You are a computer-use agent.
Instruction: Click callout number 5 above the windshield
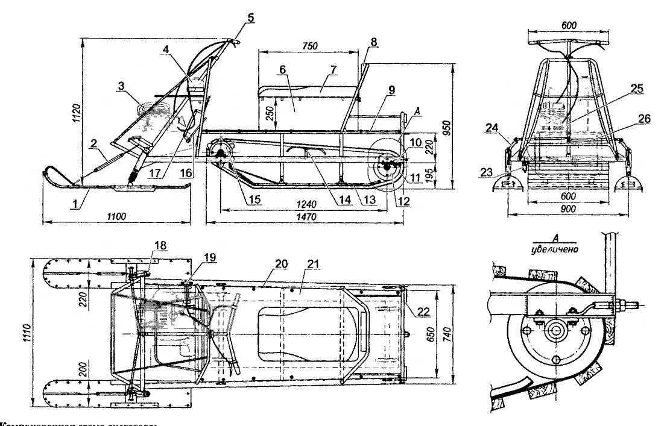point(251,17)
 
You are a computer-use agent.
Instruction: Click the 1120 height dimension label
point(75,113)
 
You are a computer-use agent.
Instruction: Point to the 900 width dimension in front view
point(567,208)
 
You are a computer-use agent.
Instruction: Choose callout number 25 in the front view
point(637,89)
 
